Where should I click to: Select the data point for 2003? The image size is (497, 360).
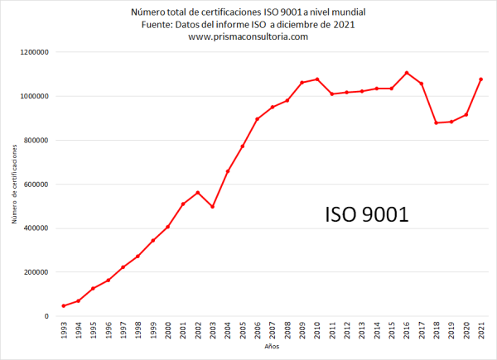click(212, 207)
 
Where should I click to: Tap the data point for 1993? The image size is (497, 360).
click(63, 306)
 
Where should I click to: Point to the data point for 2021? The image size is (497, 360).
click(481, 79)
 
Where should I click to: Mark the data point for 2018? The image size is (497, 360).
click(437, 123)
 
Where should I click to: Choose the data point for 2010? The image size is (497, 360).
click(317, 79)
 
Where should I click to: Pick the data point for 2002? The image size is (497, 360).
click(197, 193)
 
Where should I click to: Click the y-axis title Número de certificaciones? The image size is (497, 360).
click(14, 185)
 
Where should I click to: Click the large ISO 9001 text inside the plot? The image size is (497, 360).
click(366, 215)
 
